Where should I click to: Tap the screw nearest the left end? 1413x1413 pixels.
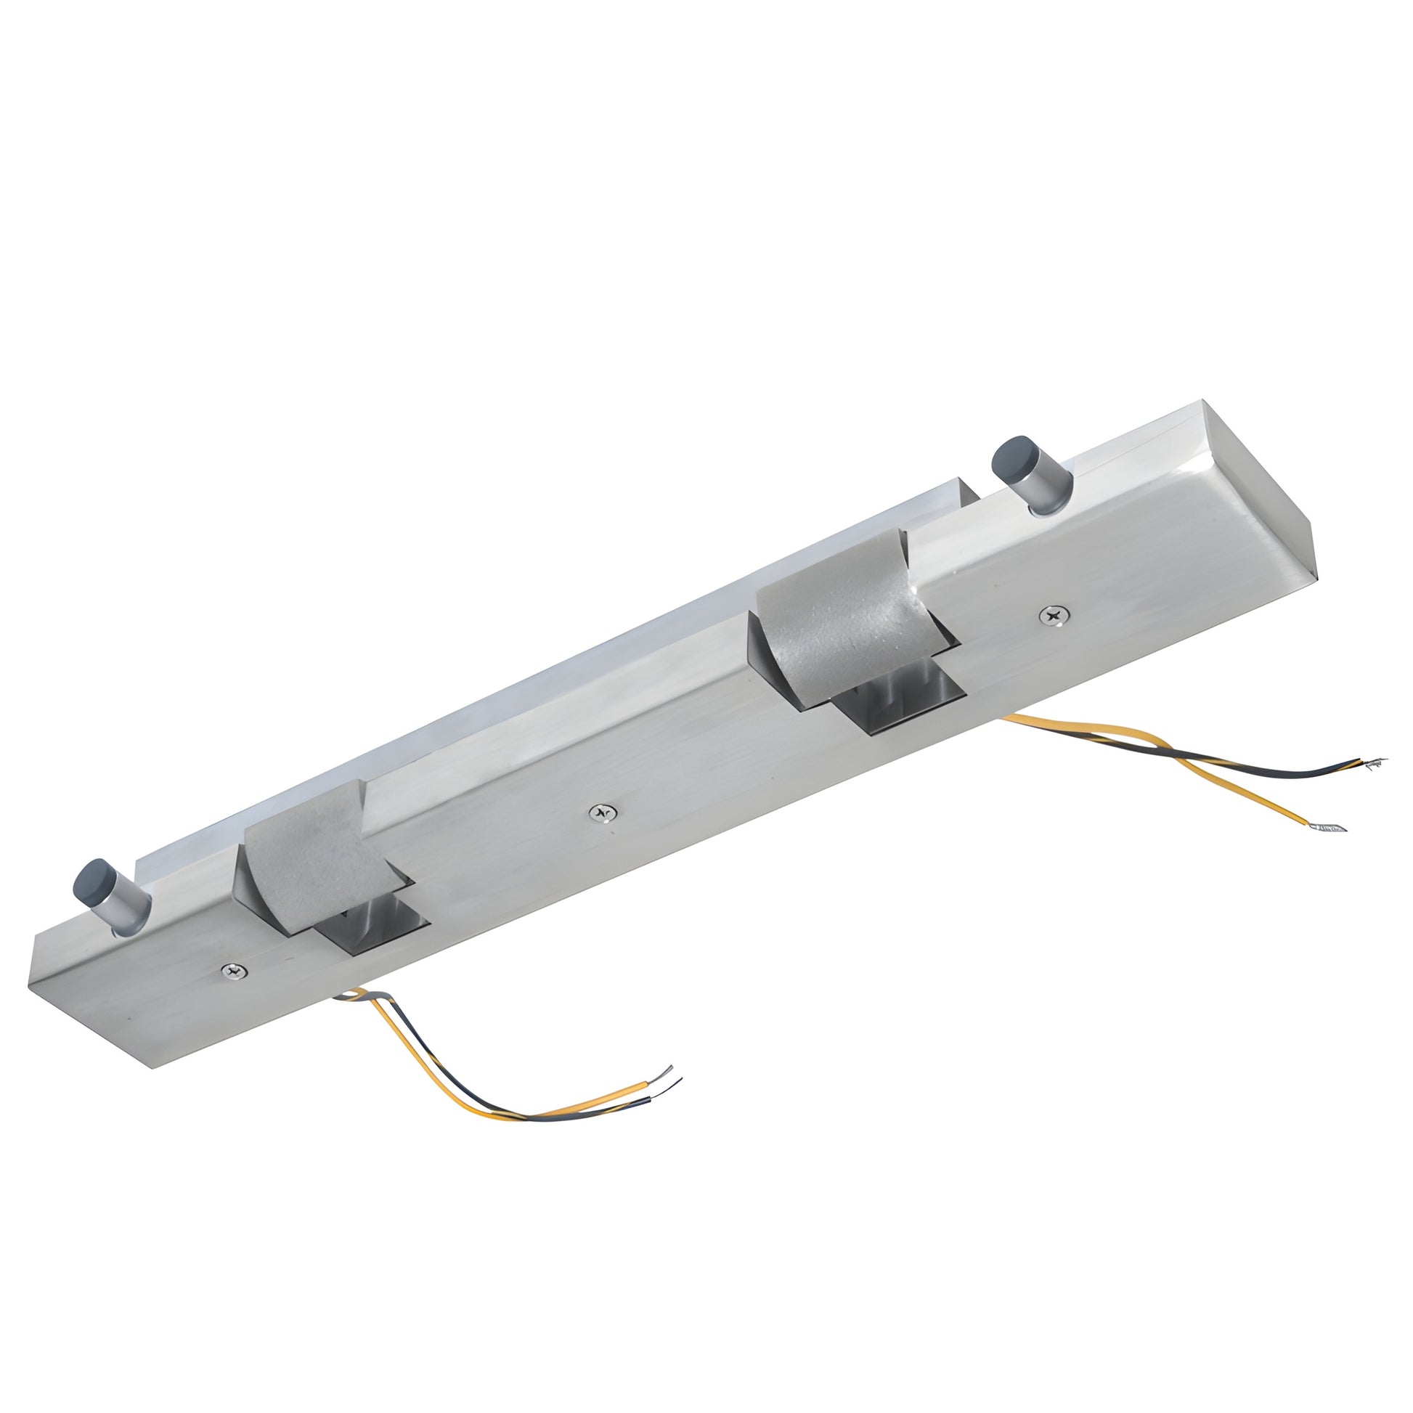tap(234, 971)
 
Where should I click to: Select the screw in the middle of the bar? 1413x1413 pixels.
tap(603, 812)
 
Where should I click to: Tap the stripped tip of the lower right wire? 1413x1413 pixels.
tap(1327, 827)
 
